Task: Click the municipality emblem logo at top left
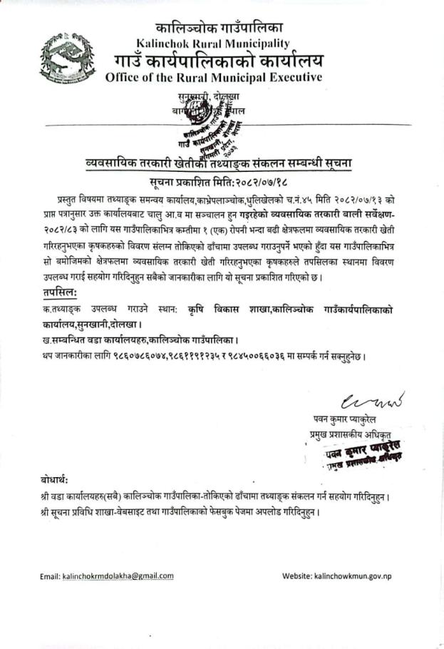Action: click(x=70, y=56)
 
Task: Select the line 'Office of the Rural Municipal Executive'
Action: click(x=213, y=77)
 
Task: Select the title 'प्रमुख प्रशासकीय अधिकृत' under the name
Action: click(x=347, y=433)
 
